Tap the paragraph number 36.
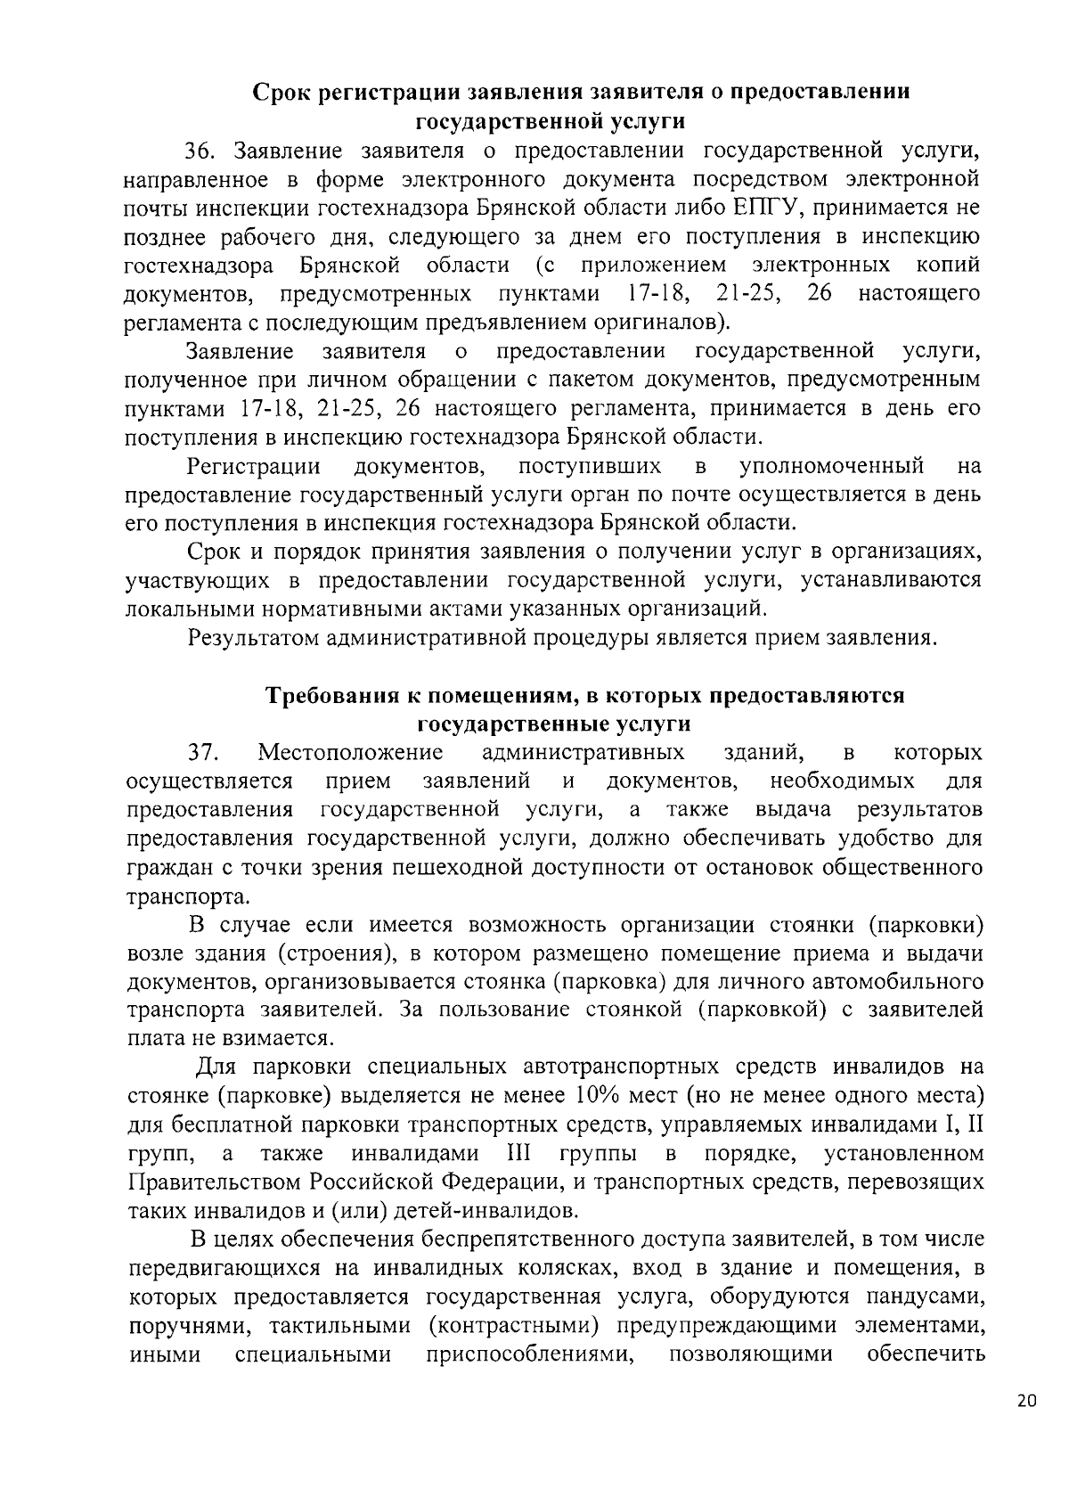click(x=200, y=151)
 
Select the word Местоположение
click(x=350, y=753)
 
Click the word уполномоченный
click(x=831, y=466)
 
